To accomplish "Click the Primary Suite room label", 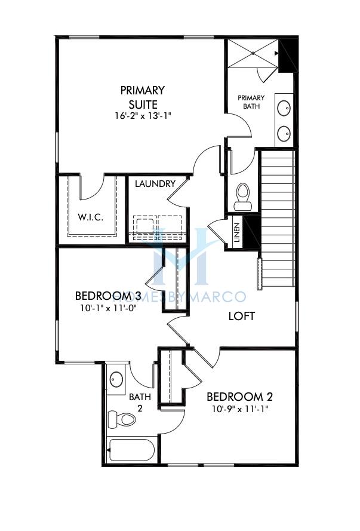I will coord(142,97).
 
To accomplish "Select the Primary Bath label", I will coord(251,102).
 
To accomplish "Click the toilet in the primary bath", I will coord(242,196).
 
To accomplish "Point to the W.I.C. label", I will coord(91,217).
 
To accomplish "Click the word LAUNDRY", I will coord(155,184).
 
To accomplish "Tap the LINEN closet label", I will coord(236,234).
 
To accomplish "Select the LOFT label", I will coord(241,316).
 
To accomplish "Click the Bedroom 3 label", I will coord(108,296).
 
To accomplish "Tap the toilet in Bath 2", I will coord(122,419).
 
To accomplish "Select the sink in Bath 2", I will coord(116,379).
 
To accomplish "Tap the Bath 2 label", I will coord(140,402).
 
